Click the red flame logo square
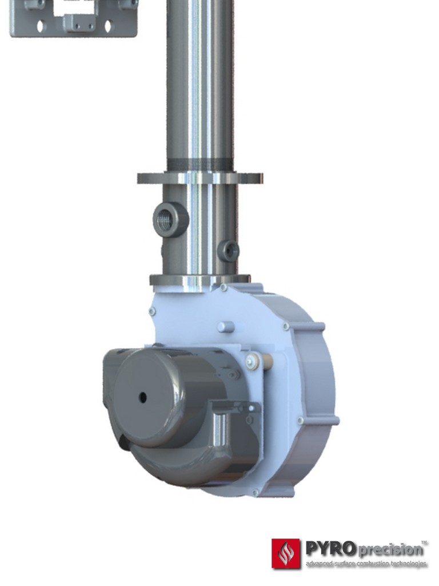coord(285,553)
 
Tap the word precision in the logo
coord(392,550)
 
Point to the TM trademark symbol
coord(424,541)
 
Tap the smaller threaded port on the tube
coord(230,251)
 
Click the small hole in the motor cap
coord(142,397)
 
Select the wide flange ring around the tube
coord(200,178)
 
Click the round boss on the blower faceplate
coord(226,327)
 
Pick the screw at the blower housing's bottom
coord(255,492)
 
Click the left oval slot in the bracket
coord(40,25)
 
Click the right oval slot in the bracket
coord(107,25)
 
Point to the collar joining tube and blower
coord(200,280)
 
